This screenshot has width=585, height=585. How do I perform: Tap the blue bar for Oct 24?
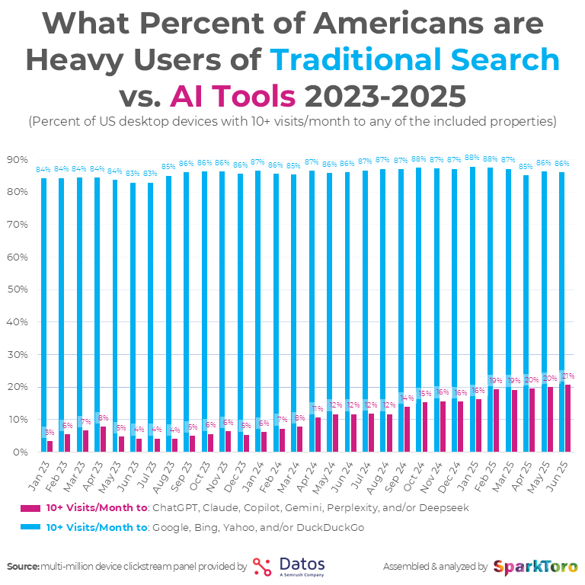click(419, 305)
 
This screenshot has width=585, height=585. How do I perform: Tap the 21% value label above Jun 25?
click(568, 376)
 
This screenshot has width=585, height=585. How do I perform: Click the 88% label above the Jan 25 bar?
click(472, 158)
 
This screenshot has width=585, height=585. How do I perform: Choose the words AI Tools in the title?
click(233, 96)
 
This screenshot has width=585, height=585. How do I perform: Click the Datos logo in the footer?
click(289, 566)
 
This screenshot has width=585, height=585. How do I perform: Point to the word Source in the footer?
click(23, 567)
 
